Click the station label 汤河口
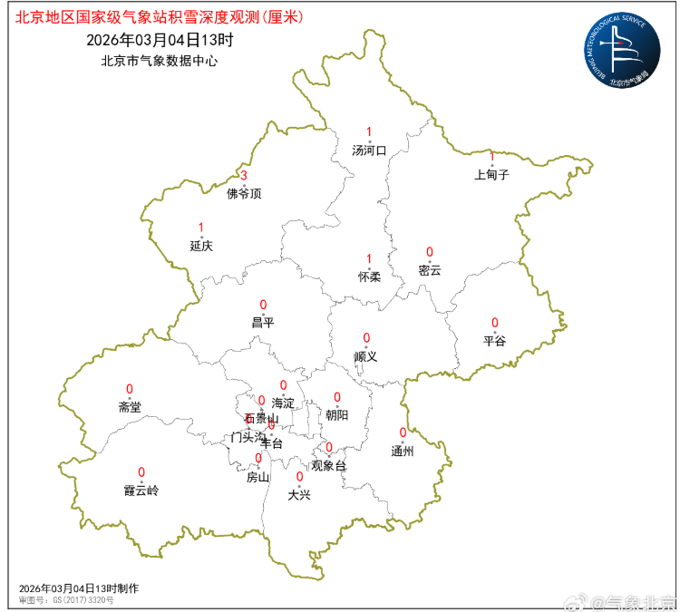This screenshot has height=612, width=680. pos(369,151)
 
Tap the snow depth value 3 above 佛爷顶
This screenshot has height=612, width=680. pos(243,175)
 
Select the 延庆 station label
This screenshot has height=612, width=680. pos(201,246)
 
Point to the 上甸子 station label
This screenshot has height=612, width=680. pos(491,174)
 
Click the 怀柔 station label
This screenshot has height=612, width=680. pos(369,277)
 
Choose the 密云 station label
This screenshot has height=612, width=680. pos(430,269)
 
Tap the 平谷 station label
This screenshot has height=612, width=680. pos(495,341)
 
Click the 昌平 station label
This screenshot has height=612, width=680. pos(263,323)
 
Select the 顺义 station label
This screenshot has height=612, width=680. pos(365,356)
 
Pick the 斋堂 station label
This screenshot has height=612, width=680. pos(130,407)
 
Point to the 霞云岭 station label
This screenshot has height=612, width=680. pos(141,491)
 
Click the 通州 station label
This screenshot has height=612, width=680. pos(403,451)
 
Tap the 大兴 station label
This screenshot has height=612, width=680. pos(299,495)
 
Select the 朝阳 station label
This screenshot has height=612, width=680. pos(337,415)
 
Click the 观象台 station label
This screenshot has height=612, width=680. pos(328,466)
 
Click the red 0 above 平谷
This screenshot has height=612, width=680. pos(495,323)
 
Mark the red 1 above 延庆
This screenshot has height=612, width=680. pos(201,228)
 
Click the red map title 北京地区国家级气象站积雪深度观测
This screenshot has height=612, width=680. pos(160,16)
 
